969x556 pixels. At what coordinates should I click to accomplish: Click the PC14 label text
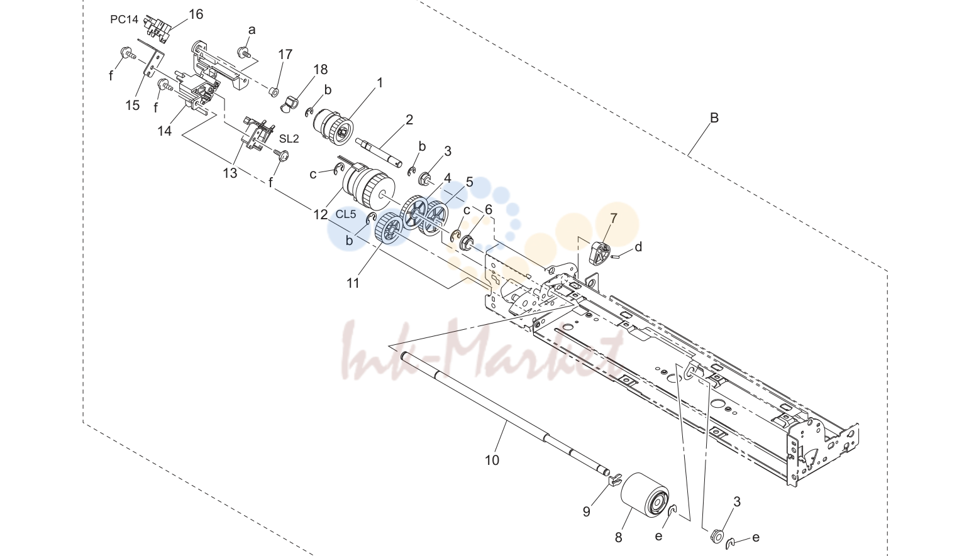124,19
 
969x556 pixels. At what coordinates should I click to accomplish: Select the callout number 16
196,14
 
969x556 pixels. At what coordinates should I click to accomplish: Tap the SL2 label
289,139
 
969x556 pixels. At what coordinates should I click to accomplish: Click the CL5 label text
346,214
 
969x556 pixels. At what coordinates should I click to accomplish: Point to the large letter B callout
714,117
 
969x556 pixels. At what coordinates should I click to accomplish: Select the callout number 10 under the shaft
492,461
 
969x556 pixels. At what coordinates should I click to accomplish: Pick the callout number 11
353,283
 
